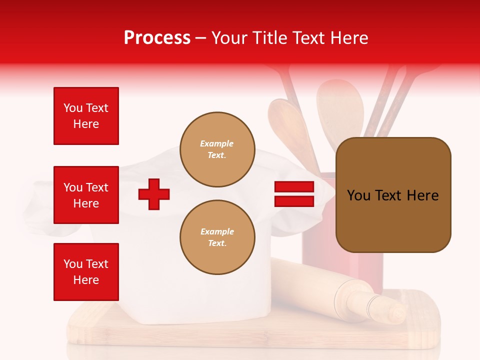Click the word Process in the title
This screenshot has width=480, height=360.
coord(157,38)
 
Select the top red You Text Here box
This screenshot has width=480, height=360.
coord(86,116)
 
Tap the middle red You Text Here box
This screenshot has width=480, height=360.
coord(86,195)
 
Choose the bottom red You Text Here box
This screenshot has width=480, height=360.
coord(86,271)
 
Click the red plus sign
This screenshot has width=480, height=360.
coord(154,193)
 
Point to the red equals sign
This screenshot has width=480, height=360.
coord(294,194)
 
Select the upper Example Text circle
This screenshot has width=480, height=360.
coord(217,149)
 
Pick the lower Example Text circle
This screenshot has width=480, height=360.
coord(217,237)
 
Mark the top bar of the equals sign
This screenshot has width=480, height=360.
coord(294,187)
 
